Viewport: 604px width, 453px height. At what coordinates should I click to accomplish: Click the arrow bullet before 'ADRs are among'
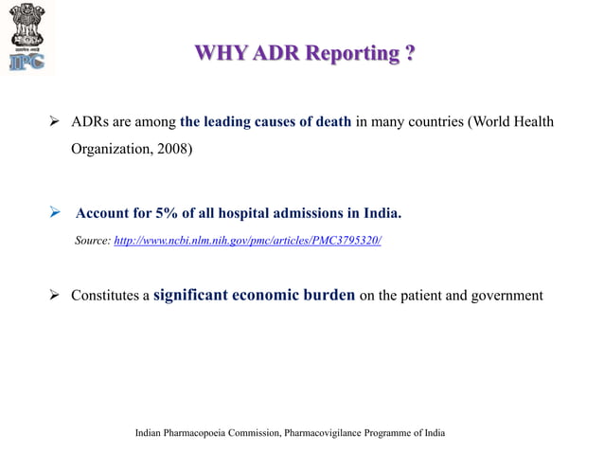click(55, 122)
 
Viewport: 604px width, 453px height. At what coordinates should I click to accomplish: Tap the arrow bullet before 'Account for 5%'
click(55, 213)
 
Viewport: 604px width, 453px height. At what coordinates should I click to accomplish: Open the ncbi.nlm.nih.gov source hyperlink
click(247, 242)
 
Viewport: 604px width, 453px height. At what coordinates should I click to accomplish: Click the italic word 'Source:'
click(92, 242)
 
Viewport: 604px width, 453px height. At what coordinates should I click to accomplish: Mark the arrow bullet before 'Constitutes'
click(55, 296)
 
